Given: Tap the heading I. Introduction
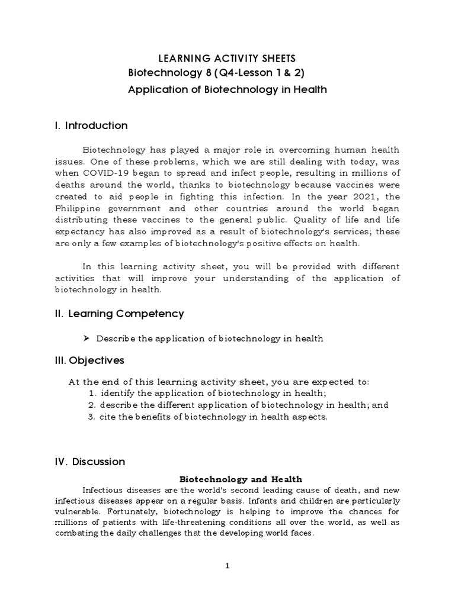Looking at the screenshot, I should pos(91,125).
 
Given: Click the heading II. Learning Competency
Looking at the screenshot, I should pos(118,314).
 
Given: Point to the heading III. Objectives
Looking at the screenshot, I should pos(89,360).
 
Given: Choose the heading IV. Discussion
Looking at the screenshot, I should pos(89,462).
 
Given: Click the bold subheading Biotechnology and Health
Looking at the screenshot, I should pos(241,479).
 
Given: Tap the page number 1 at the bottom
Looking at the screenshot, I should pos(227,566).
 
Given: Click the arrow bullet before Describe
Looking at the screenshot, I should pos(86,339).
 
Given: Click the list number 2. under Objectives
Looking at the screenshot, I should pos(92,405).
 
